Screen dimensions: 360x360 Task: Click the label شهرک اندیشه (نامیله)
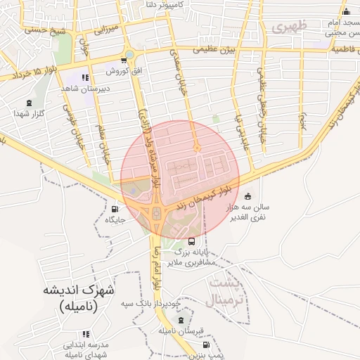tap(79, 298)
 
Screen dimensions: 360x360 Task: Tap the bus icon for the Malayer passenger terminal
tap(172, 241)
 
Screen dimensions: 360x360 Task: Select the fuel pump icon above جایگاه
tap(115, 209)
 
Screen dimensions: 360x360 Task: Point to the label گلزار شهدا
tap(30, 113)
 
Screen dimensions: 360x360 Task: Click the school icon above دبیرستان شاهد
tap(85, 78)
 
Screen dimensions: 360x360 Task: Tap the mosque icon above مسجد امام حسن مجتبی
tap(345, 12)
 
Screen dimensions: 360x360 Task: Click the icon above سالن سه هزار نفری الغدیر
tap(247, 197)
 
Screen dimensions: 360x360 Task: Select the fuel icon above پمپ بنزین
tap(205, 345)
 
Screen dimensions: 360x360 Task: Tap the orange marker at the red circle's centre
tap(198, 148)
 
